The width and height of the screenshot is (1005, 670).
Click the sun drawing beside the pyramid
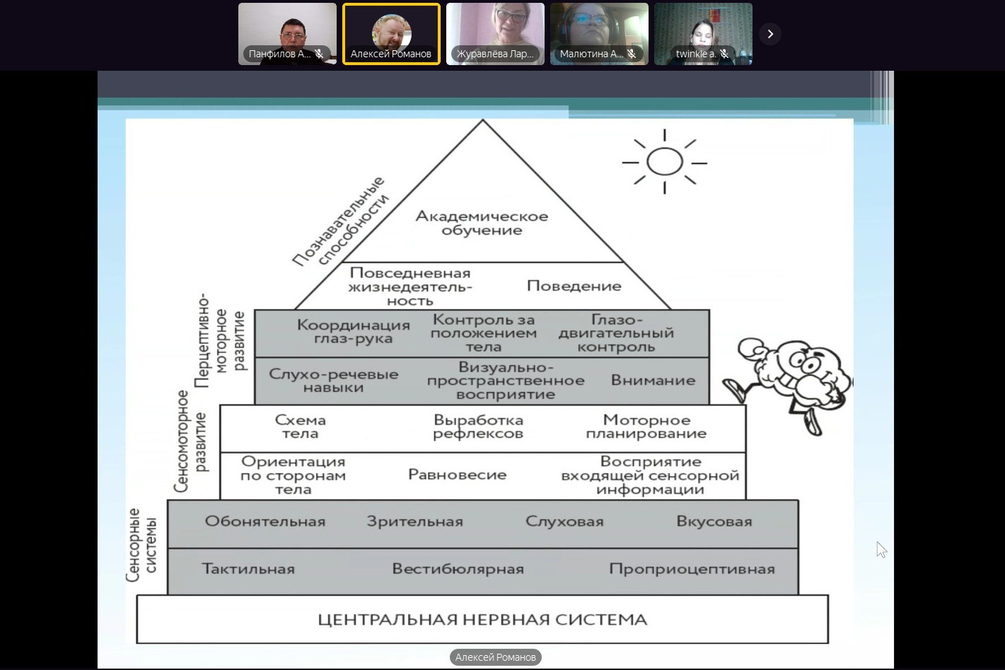(664, 162)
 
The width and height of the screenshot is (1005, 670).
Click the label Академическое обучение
(482, 223)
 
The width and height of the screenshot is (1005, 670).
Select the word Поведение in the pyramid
(574, 286)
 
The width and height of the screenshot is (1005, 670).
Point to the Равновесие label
(457, 475)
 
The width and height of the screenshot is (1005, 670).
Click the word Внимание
(653, 381)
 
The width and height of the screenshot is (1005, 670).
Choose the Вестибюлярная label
(458, 569)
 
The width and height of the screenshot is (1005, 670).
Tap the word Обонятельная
(265, 521)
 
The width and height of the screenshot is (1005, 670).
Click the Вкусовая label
(714, 521)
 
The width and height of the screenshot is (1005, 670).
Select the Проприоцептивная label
(692, 569)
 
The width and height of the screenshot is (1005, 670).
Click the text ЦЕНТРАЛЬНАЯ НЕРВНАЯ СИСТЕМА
(482, 620)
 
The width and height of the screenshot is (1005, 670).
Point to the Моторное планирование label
(646, 427)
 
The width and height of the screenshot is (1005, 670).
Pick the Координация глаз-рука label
(353, 331)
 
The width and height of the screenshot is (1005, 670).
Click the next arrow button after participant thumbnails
(770, 33)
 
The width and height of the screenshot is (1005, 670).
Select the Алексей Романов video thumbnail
(391, 33)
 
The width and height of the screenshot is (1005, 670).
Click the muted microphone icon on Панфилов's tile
(320, 54)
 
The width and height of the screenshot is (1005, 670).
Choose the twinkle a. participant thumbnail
(703, 33)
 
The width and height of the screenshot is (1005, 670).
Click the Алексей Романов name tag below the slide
(495, 657)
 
